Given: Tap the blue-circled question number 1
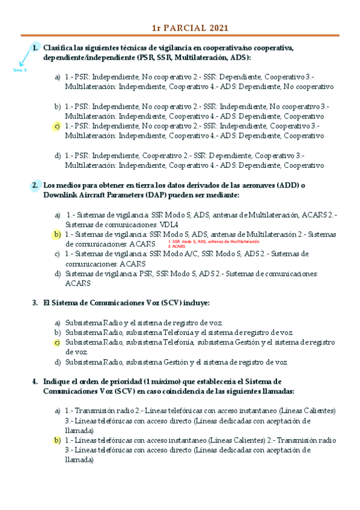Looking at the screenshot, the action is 35,48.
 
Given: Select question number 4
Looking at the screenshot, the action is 35,381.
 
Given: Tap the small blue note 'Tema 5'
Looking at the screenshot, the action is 19,70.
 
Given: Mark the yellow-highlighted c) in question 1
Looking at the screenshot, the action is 57,126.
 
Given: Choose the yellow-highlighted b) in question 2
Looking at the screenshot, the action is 57,234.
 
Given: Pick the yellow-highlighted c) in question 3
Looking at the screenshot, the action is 57,342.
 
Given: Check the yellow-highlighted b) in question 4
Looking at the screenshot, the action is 57,440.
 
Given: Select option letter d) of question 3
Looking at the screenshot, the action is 58,362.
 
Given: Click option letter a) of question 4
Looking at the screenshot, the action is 58,411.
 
